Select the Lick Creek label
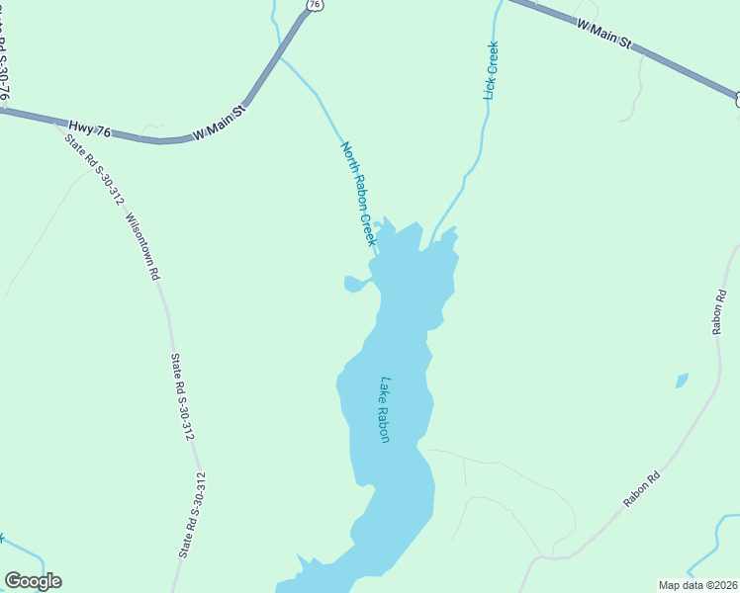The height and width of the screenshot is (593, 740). pyautogui.click(x=491, y=70)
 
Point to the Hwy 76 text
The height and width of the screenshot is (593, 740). pyautogui.click(x=86, y=127)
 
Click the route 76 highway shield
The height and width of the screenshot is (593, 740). pyautogui.click(x=315, y=5)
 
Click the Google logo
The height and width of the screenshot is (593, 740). pyautogui.click(x=33, y=581)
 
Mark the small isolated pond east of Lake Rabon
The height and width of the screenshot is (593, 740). pyautogui.click(x=681, y=381)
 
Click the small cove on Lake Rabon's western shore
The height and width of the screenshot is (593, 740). pyautogui.click(x=353, y=285)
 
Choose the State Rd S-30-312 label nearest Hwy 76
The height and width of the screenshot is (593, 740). pyautogui.click(x=95, y=169)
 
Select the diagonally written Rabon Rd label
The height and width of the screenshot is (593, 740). pyautogui.click(x=641, y=491)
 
